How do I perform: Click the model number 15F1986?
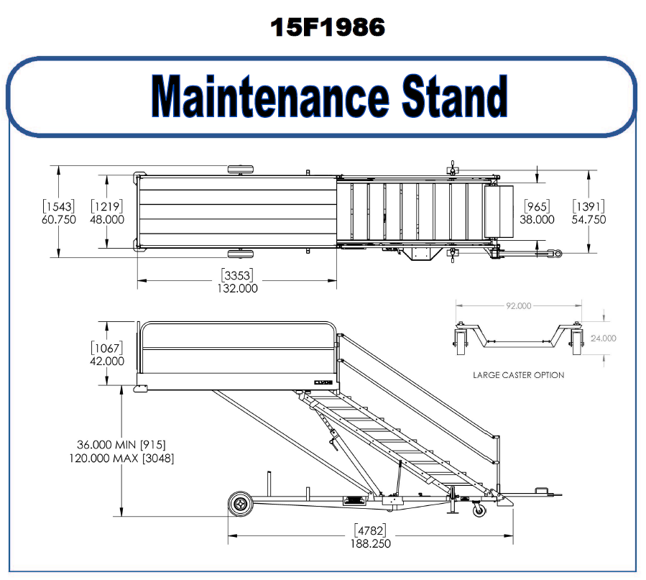click(328, 27)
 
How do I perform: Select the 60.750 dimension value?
click(59, 220)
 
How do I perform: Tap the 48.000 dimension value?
click(107, 220)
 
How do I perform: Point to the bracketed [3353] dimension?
click(237, 276)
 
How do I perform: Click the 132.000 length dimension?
click(237, 288)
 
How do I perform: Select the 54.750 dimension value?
click(589, 220)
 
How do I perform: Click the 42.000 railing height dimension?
click(107, 361)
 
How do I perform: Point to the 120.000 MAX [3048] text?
click(121, 458)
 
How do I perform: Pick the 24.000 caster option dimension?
click(603, 338)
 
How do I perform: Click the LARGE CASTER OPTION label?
click(518, 374)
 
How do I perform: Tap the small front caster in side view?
click(478, 511)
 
